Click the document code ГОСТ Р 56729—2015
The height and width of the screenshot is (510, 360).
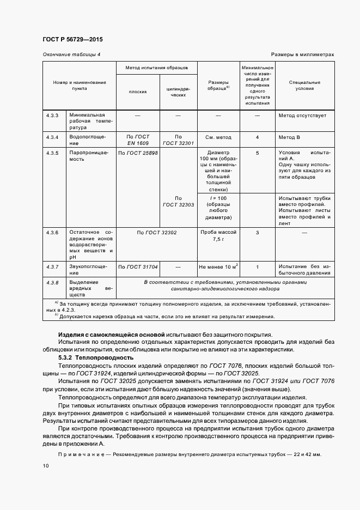click(x=72, y=40)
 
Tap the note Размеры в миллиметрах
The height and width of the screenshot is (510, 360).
click(x=302, y=55)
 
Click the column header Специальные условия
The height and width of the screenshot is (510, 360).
click(x=304, y=86)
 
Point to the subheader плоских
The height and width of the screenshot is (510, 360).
click(x=137, y=92)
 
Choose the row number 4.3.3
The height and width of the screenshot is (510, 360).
click(x=52, y=116)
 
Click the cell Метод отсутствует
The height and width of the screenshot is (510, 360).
click(x=302, y=116)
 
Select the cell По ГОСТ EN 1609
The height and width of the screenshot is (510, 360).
click(x=137, y=139)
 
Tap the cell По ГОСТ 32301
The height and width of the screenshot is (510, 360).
click(x=178, y=139)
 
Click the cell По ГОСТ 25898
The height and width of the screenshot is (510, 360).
click(x=138, y=153)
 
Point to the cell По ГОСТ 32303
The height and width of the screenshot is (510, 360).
click(x=178, y=201)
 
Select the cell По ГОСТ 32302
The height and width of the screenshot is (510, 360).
click(x=157, y=232)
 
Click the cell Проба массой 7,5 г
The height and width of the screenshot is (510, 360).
click(x=218, y=235)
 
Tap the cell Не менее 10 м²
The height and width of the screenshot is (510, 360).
click(x=218, y=266)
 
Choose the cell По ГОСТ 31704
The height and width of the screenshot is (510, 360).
click(x=138, y=266)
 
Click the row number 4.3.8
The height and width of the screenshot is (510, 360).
click(x=52, y=282)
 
